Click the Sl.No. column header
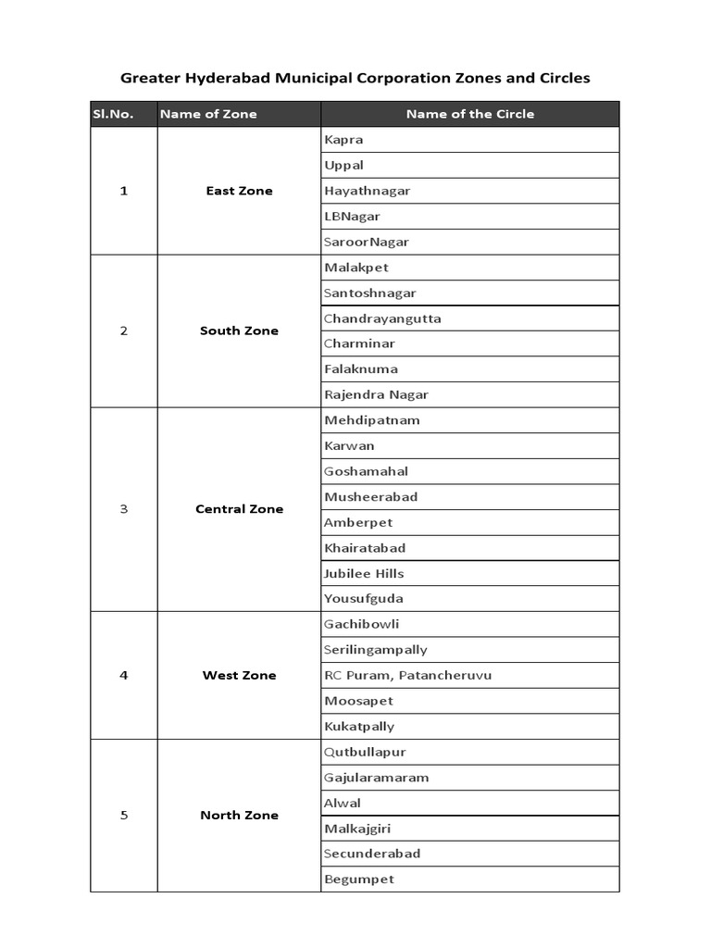[112, 114]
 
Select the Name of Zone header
[208, 114]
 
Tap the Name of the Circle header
[469, 114]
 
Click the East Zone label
[239, 191]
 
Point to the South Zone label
[239, 331]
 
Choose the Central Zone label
[239, 509]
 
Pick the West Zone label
[239, 675]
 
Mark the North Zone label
[239, 816]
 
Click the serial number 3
[124, 509]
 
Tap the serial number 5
[124, 816]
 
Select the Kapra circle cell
[343, 140]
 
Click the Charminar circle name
[359, 343]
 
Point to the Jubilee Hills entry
[364, 573]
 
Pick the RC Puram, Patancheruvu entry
[407, 675]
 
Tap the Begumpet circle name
[359, 879]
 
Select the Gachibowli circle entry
[361, 624]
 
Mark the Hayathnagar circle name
[367, 191]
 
